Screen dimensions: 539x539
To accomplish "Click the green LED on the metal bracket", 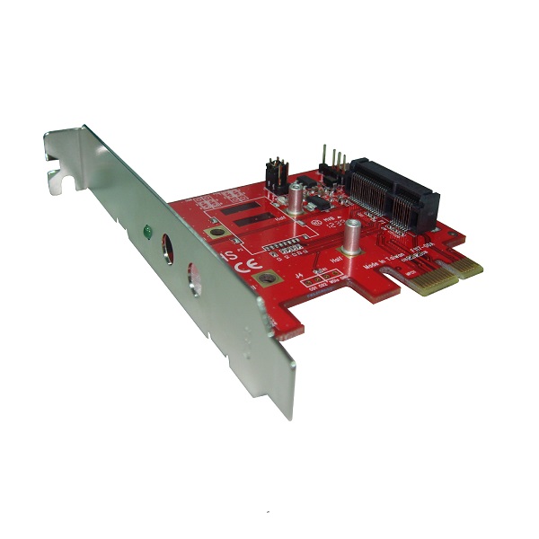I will (x=146, y=232).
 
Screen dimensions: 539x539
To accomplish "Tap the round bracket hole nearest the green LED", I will (x=169, y=246).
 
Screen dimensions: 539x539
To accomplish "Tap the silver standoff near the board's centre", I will (x=353, y=235).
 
